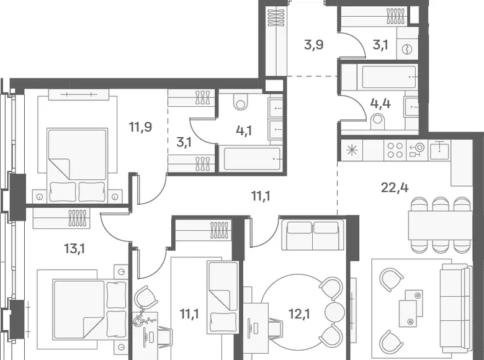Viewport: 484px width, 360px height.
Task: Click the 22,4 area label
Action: coord(395,187)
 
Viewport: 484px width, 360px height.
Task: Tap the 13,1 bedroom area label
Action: coord(74,248)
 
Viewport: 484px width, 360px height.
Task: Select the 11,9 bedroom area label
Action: coord(140,127)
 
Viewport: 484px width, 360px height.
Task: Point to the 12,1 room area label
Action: coord(300,313)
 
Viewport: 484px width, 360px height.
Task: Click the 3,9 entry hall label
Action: coord(313,45)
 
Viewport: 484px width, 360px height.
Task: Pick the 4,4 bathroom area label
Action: coord(380,104)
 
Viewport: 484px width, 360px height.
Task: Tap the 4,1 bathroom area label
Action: coord(244,130)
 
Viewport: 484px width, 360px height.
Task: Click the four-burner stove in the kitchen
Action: coord(395,150)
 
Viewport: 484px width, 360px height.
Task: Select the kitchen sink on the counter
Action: coord(439,150)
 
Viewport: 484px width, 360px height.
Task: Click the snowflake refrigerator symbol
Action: coord(351,150)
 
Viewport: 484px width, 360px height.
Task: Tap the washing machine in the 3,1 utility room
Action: coord(408,48)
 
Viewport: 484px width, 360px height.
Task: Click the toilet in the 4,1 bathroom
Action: coord(241,101)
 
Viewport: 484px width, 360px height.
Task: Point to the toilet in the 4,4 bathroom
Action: coord(377,121)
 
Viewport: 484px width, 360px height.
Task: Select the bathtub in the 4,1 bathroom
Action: coord(253,159)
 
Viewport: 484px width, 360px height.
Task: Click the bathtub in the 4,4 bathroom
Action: coord(389,77)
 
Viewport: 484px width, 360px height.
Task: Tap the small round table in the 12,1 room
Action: coord(334,312)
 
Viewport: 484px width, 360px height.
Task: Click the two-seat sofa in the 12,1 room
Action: coord(313,235)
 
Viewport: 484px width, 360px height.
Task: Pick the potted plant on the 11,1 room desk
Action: coord(141,318)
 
